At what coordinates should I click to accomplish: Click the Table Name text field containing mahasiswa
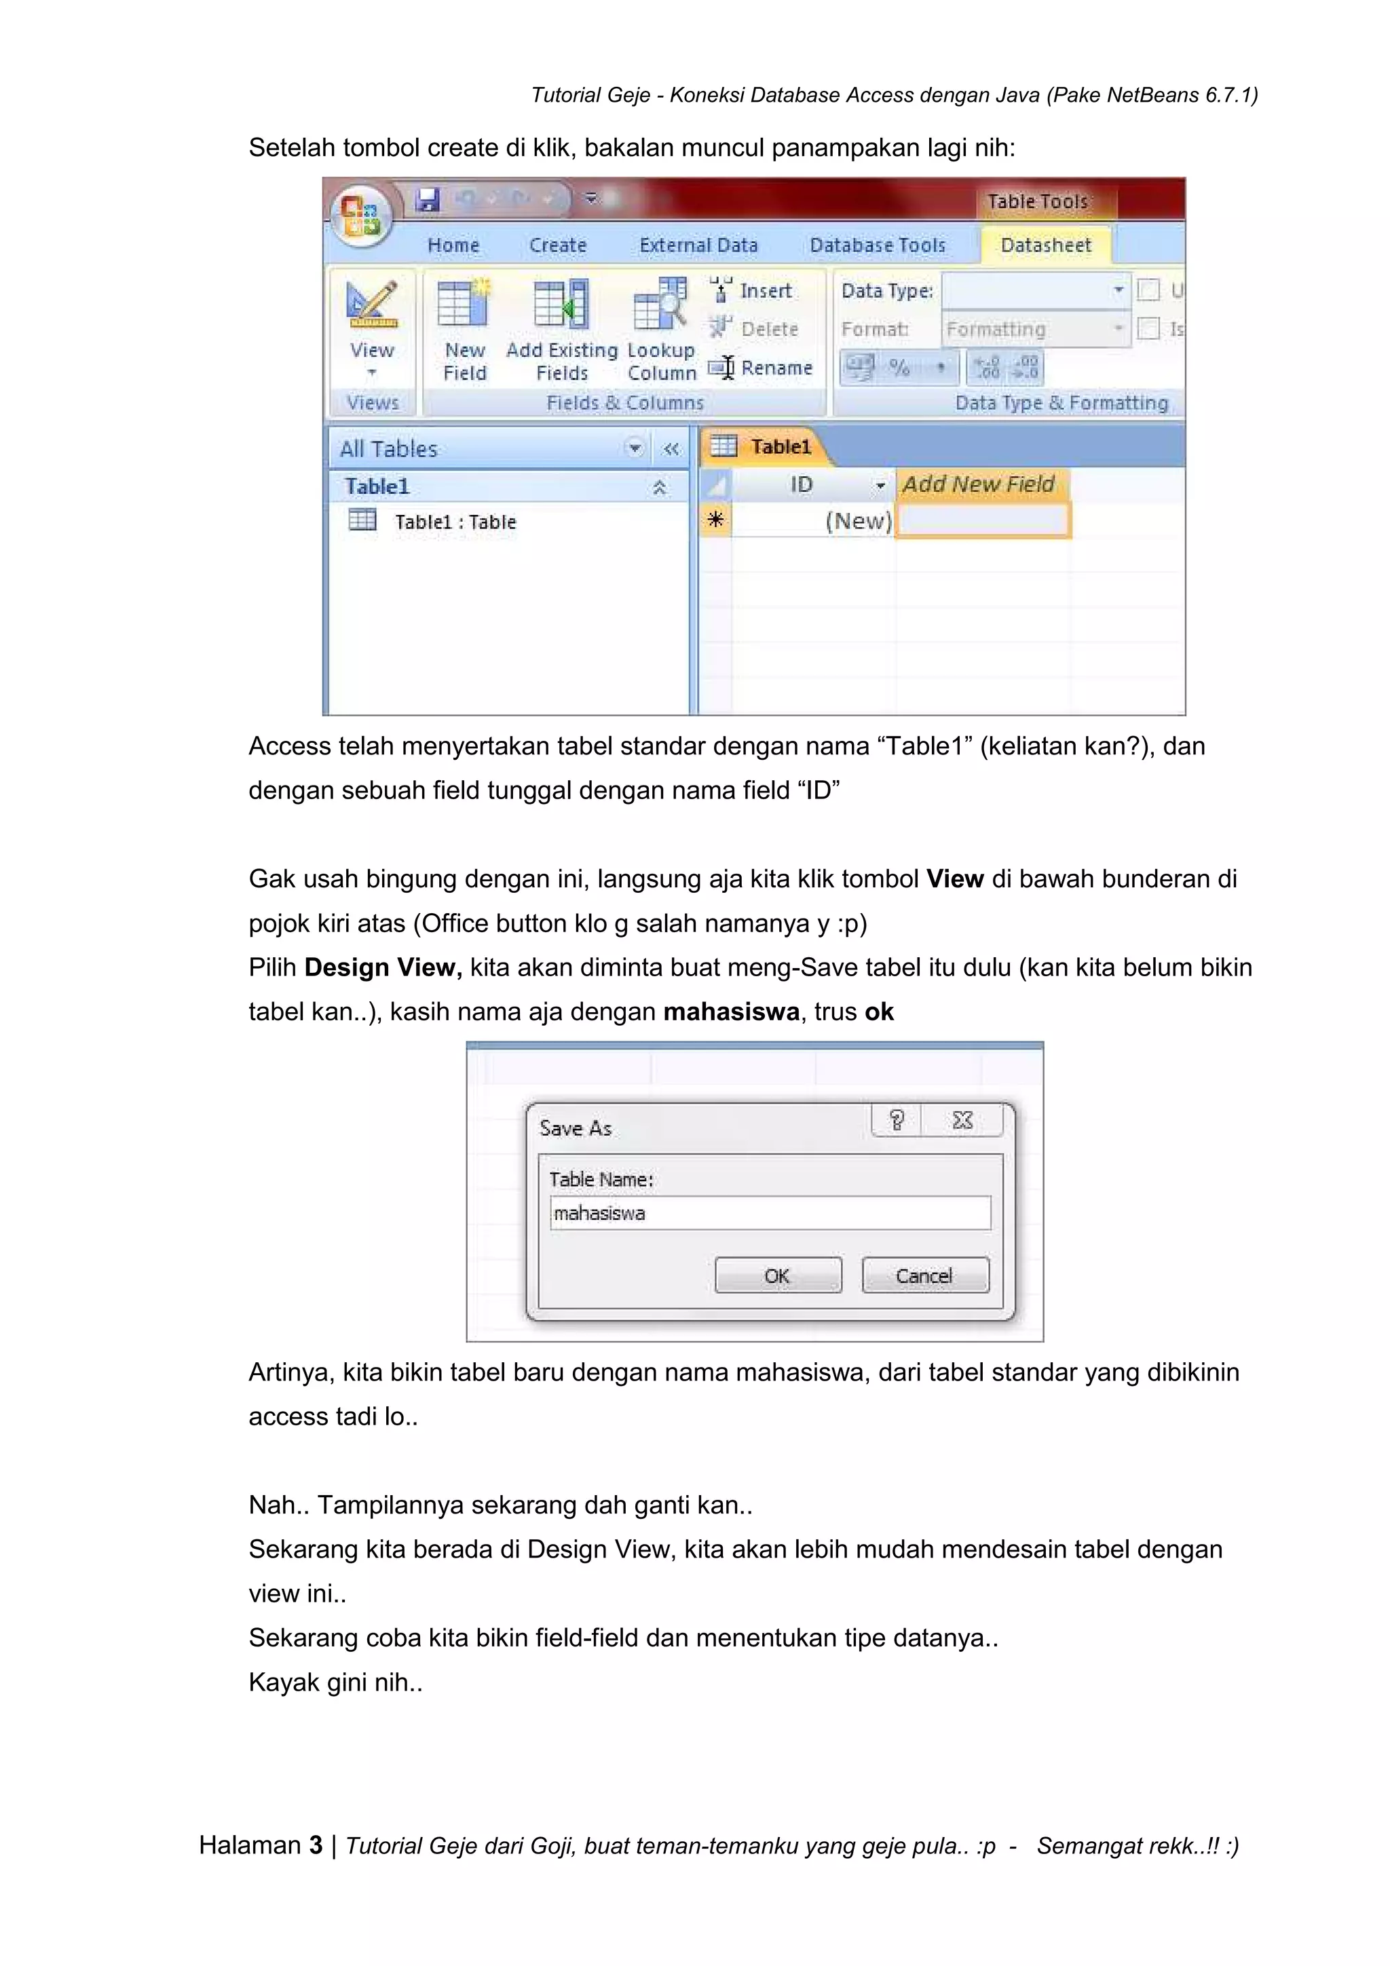[770, 1212]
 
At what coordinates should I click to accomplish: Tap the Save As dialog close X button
[962, 1120]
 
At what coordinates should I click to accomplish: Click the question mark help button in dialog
[896, 1120]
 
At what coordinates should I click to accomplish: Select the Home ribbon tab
[453, 245]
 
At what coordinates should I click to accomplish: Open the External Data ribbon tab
[698, 245]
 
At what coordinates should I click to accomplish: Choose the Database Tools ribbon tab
[877, 245]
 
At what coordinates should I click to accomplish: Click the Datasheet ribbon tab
[1046, 245]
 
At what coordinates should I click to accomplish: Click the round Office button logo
[360, 214]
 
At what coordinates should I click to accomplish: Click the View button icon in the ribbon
[372, 307]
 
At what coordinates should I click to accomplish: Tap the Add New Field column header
[979, 484]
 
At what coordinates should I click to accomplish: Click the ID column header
[802, 484]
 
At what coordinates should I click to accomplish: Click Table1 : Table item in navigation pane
[455, 522]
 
